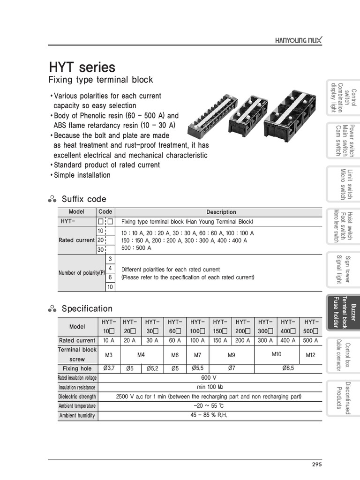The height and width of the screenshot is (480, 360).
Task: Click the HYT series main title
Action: (x=82, y=67)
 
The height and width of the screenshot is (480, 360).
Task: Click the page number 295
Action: (x=317, y=465)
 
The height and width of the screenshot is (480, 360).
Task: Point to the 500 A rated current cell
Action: (x=310, y=340)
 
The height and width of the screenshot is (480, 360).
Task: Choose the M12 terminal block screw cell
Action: (x=310, y=355)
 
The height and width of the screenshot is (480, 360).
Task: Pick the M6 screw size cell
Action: (x=175, y=355)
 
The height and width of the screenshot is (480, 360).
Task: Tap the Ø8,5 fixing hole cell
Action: (x=288, y=368)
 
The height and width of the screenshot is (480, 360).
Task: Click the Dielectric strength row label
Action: (x=77, y=397)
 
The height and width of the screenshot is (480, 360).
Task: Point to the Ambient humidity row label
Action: (x=77, y=415)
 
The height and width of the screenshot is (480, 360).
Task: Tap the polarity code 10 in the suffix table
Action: (x=110, y=287)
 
